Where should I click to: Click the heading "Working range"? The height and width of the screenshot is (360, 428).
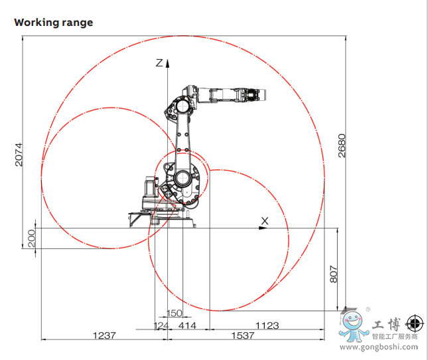[54, 23]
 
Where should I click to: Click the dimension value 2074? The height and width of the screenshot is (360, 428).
[19, 155]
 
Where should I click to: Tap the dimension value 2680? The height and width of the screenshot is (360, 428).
[342, 145]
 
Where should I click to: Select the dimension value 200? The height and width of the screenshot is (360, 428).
[32, 238]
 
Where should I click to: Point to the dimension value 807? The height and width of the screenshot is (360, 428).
[334, 274]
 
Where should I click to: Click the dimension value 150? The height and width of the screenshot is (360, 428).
[174, 313]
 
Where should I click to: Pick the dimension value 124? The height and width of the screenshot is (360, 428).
[161, 325]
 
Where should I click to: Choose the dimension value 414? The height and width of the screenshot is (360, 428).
[187, 325]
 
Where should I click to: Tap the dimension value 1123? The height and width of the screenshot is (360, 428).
[267, 325]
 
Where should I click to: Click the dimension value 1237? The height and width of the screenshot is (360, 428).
[104, 335]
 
